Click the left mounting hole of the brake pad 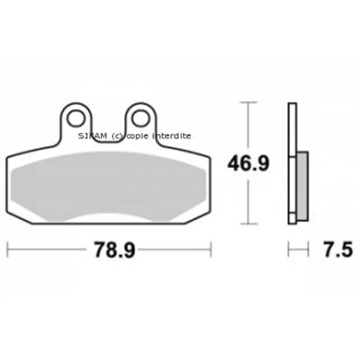[x=76, y=118]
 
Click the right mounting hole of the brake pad [x=140, y=118]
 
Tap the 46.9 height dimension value [x=248, y=163]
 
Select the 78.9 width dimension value [x=115, y=250]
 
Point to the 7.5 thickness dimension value [x=338, y=249]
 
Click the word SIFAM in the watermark [x=93, y=136]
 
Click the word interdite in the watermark [x=172, y=136]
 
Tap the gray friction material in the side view [x=302, y=186]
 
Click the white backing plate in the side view [x=292, y=163]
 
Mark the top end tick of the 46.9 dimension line [x=248, y=102]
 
